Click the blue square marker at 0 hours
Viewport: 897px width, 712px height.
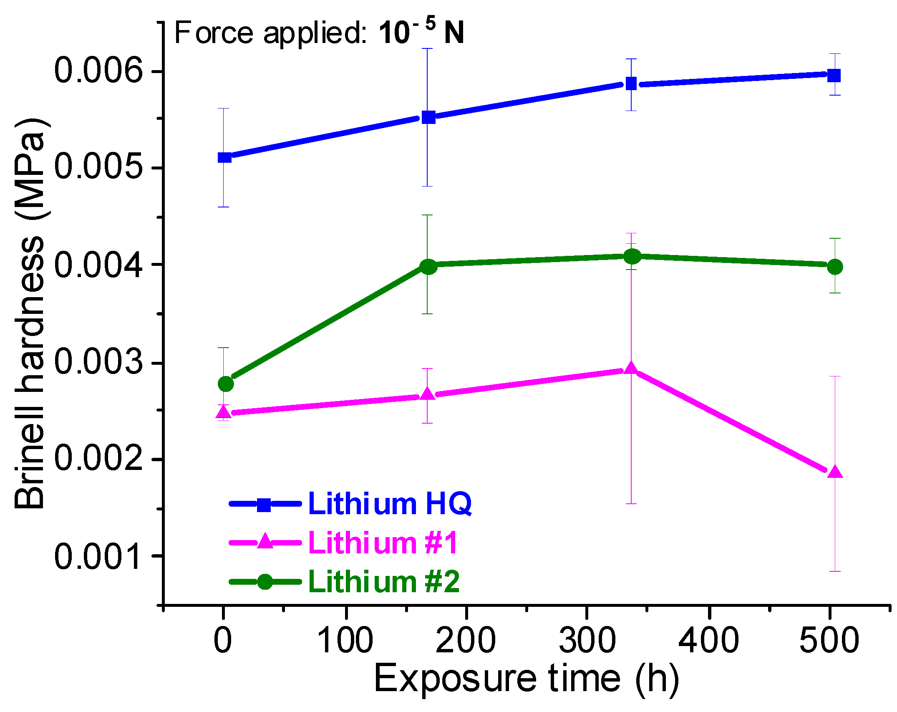click(224, 157)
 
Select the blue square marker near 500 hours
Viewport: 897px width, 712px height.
click(834, 76)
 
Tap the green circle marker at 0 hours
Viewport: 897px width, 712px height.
click(226, 384)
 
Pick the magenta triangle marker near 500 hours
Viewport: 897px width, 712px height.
click(835, 472)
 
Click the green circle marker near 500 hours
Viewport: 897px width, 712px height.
click(835, 267)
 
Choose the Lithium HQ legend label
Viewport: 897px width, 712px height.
click(390, 503)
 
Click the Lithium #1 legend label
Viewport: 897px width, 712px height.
click(383, 543)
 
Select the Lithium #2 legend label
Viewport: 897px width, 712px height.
click(384, 581)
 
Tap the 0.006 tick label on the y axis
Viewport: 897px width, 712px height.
click(98, 70)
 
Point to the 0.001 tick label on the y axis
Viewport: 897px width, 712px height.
click(98, 556)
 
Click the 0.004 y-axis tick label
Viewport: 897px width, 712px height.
click(98, 265)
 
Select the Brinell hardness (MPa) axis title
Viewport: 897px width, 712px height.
click(30, 313)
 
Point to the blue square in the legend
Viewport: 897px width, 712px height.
click(264, 504)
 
